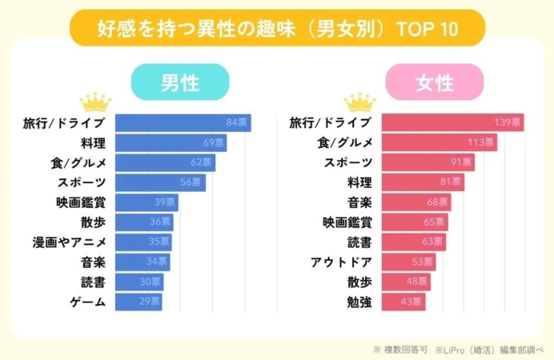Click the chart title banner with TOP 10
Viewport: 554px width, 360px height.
coord(276,30)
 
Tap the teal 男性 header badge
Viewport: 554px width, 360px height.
coord(180,82)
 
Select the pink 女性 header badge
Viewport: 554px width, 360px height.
coord(435,82)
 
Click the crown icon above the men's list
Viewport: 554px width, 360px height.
coord(95,102)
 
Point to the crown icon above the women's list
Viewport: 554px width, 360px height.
coord(359,102)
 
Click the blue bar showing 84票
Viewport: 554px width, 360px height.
coord(183,123)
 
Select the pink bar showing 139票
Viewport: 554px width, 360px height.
coord(452,123)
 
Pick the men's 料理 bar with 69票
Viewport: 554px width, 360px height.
coord(171,143)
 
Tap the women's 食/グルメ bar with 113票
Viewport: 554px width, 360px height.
coord(440,143)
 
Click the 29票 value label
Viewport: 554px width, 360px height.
coord(150,302)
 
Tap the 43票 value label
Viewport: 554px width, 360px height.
coord(411,302)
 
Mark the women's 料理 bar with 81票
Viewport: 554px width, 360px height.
coord(423,182)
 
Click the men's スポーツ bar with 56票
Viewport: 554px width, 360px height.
coord(160,182)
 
